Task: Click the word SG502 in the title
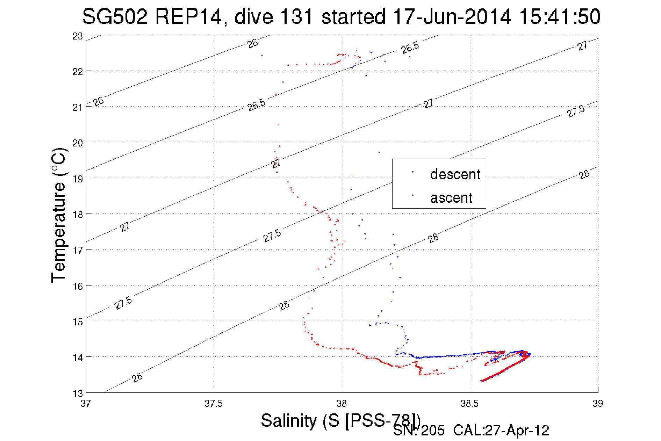coord(115,16)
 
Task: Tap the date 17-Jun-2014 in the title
coord(452,16)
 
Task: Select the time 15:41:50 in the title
coord(560,16)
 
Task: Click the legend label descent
coord(455,174)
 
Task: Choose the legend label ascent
coord(451,198)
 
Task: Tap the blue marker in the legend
coord(412,172)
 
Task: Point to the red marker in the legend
coord(412,195)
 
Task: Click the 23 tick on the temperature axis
coord(78,36)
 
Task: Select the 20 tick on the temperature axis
coord(78,143)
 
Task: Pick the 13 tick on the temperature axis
coord(78,393)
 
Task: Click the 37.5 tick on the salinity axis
coord(214,404)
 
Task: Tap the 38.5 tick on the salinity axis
coord(469,404)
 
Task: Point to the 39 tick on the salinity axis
coord(598,404)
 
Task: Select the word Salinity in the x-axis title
coord(289,420)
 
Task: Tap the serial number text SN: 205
coord(419,431)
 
